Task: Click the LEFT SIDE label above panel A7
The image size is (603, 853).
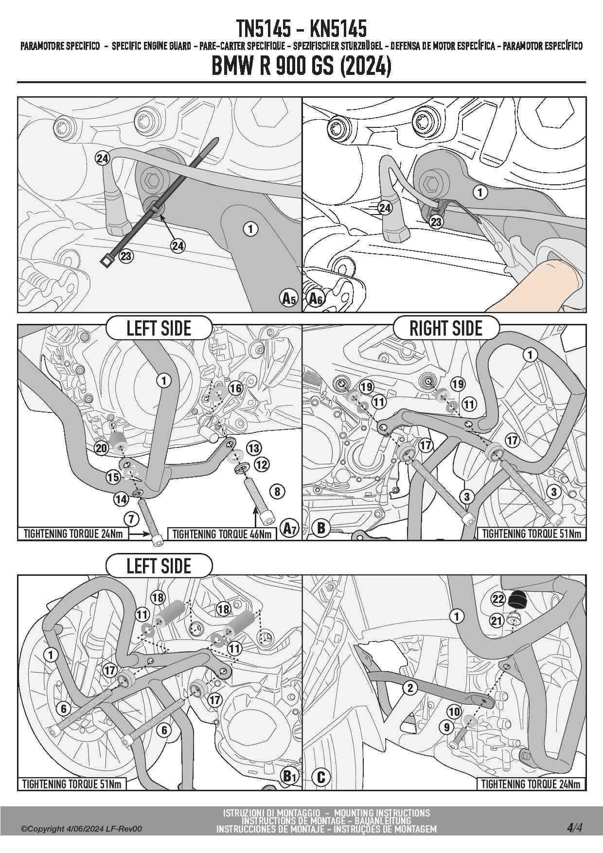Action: (x=159, y=328)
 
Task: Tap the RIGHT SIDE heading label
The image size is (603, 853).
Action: (x=446, y=328)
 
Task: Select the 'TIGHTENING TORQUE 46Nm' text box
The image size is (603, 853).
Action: (x=222, y=534)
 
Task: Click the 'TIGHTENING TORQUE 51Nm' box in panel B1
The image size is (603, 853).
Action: (x=71, y=784)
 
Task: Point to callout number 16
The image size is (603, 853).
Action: (x=235, y=388)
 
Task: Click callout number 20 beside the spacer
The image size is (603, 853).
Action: (x=101, y=448)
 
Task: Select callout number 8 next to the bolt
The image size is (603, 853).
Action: (x=277, y=491)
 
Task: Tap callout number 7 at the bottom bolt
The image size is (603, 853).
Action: (x=130, y=518)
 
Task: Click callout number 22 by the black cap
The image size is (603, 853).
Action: (x=498, y=599)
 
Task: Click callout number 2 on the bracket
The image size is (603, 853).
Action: (x=410, y=688)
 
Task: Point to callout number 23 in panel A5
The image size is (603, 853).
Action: (x=126, y=256)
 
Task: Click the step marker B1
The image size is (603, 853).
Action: (x=290, y=776)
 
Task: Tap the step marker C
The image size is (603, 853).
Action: (x=320, y=777)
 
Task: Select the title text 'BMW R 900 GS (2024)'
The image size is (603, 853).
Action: (x=301, y=67)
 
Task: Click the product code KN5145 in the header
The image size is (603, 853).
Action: (x=338, y=29)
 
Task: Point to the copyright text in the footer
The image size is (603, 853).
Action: (x=82, y=829)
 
